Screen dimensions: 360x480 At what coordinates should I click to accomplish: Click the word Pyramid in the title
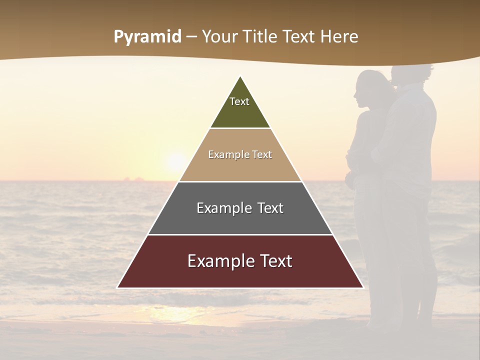click(x=147, y=37)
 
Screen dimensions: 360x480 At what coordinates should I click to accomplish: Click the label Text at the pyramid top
click(x=239, y=101)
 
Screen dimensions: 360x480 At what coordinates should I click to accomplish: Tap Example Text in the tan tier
click(x=240, y=154)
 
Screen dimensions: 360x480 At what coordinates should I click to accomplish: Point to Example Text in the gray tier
click(x=240, y=208)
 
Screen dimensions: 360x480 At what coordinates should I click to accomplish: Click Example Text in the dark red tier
click(x=240, y=261)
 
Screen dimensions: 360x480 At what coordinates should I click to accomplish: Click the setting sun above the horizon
click(x=176, y=161)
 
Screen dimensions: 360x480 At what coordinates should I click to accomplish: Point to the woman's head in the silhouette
click(x=369, y=87)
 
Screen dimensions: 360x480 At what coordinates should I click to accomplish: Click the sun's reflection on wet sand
click(x=175, y=314)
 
